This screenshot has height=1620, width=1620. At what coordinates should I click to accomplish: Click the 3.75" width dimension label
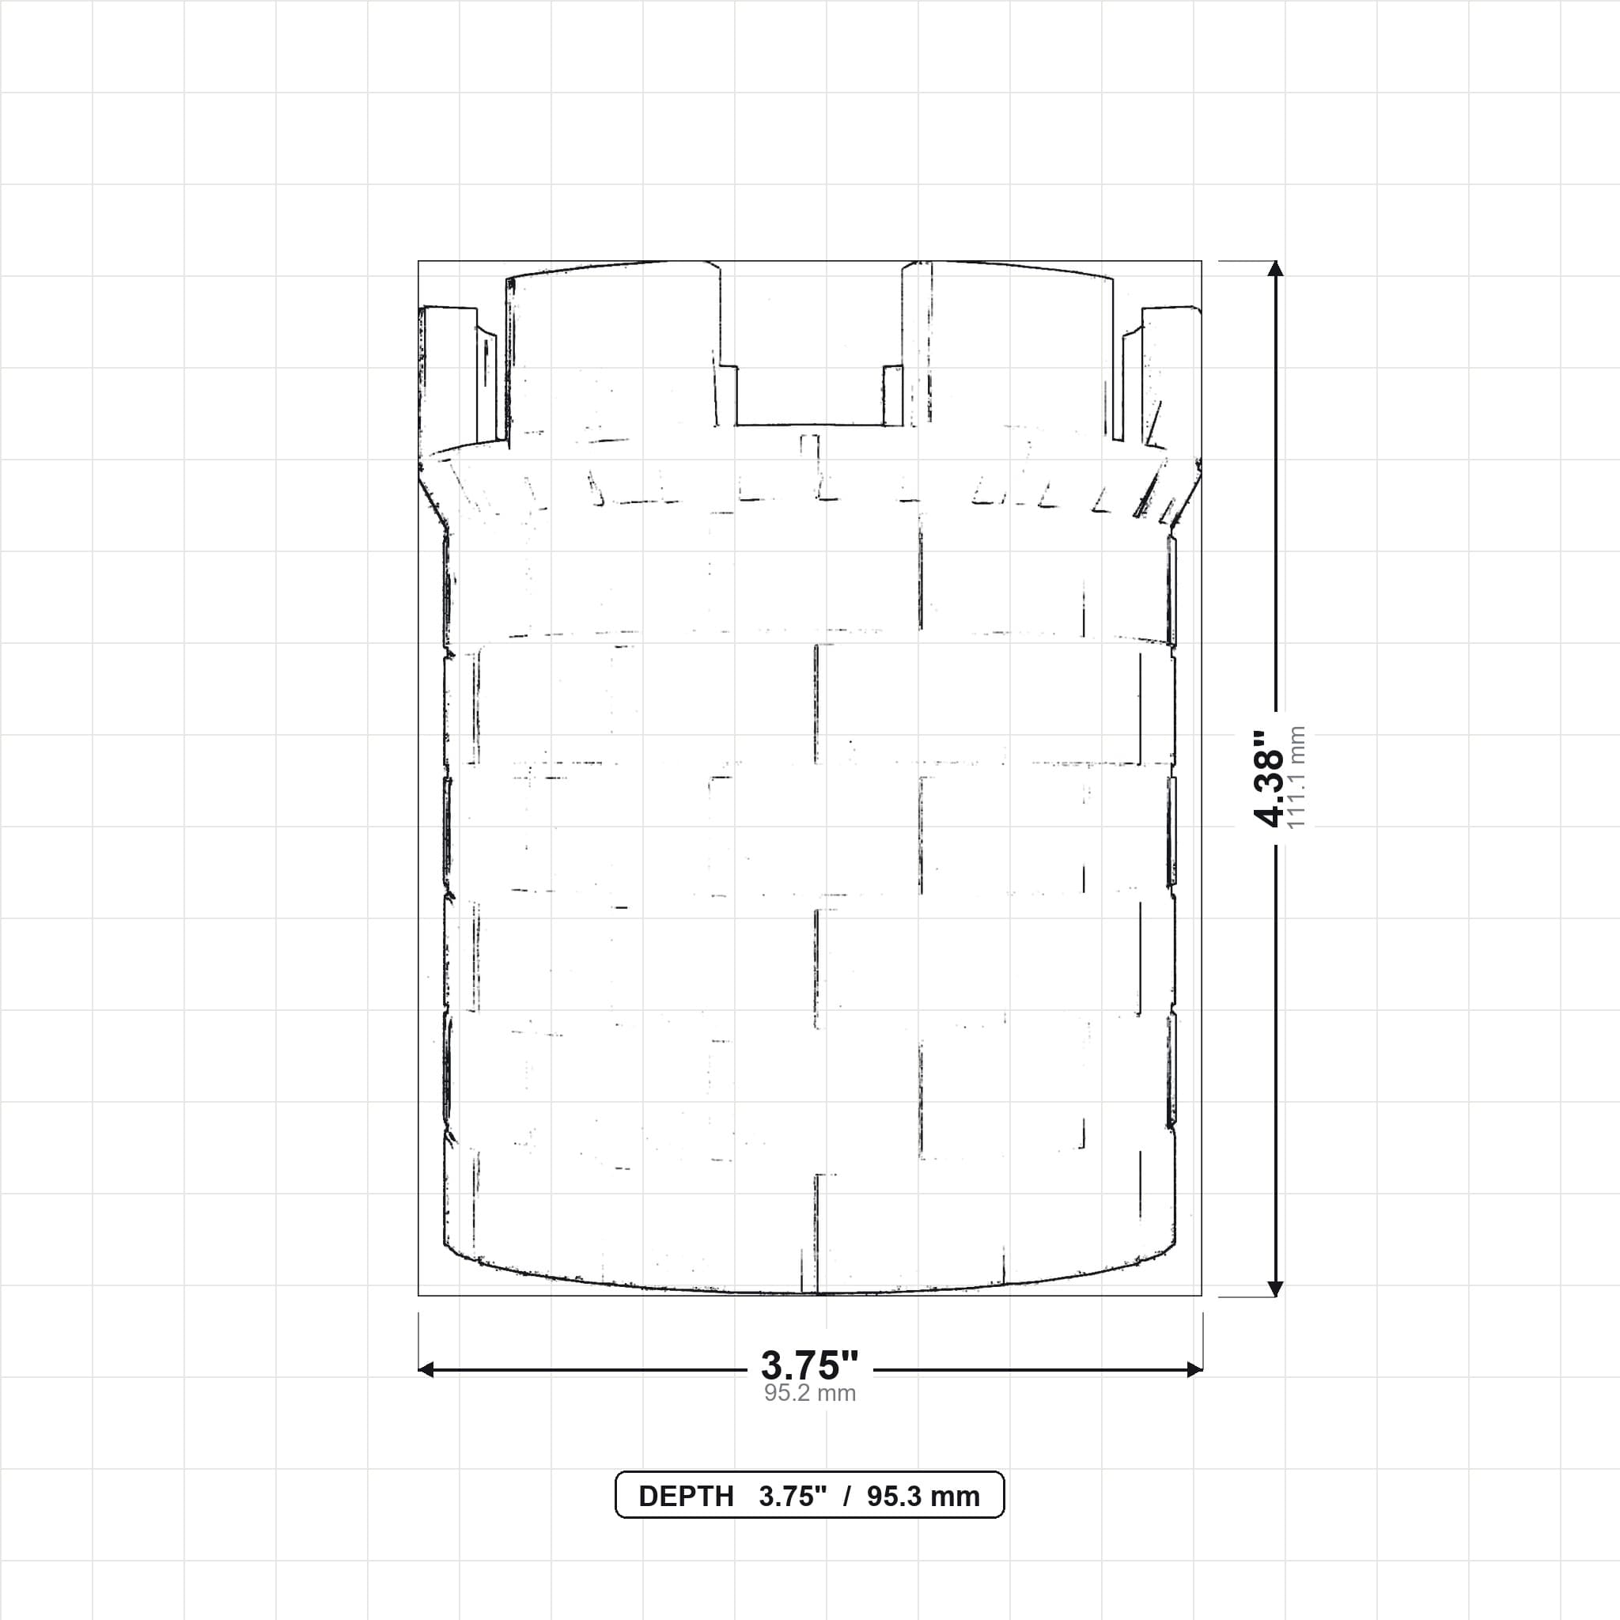point(809,1366)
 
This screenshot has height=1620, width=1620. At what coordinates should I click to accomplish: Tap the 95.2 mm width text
point(809,1394)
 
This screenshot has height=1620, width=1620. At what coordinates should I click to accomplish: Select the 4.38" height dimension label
point(1268,779)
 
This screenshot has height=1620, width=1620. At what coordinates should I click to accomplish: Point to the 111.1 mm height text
point(1296,778)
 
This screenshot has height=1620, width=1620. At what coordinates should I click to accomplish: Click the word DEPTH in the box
point(686,1497)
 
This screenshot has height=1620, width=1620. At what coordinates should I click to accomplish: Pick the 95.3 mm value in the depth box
point(923,1497)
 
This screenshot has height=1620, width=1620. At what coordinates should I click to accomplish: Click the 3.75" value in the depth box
point(793,1497)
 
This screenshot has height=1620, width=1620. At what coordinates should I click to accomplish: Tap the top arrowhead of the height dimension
point(1275,268)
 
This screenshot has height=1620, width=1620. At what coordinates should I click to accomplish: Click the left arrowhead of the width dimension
point(426,1369)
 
